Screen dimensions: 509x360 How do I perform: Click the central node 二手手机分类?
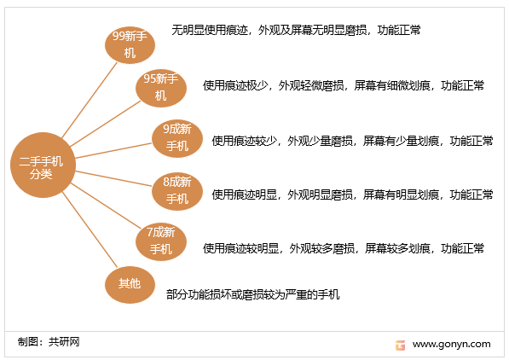tap(43, 165)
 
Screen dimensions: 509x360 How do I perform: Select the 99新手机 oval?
tap(130, 45)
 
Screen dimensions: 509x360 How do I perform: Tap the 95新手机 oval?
tap(161, 88)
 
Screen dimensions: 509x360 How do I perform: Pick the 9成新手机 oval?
tap(177, 138)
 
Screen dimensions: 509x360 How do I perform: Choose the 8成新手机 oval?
tap(177, 191)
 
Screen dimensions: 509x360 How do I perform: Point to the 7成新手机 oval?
tap(161, 241)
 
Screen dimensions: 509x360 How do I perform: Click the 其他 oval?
tap(130, 285)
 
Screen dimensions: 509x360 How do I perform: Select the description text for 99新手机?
tap(296, 30)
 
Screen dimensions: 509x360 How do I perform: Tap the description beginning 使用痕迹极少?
tap(344, 85)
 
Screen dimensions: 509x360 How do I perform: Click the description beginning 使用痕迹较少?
tap(352, 141)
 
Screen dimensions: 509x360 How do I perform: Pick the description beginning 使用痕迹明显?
tap(352, 195)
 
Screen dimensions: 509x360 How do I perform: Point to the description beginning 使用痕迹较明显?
tap(344, 248)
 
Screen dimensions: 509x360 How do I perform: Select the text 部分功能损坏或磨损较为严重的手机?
tap(253, 294)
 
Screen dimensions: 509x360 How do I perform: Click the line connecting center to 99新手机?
tap(90, 100)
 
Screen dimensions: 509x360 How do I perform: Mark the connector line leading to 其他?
tap(90, 229)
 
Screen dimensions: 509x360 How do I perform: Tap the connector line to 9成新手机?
tap(113, 150)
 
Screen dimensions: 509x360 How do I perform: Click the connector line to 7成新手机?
tap(106, 206)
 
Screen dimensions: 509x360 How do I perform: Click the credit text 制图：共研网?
tap(49, 342)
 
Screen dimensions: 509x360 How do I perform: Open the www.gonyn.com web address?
tap(452, 344)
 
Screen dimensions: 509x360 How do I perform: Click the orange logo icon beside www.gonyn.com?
tap(400, 345)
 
